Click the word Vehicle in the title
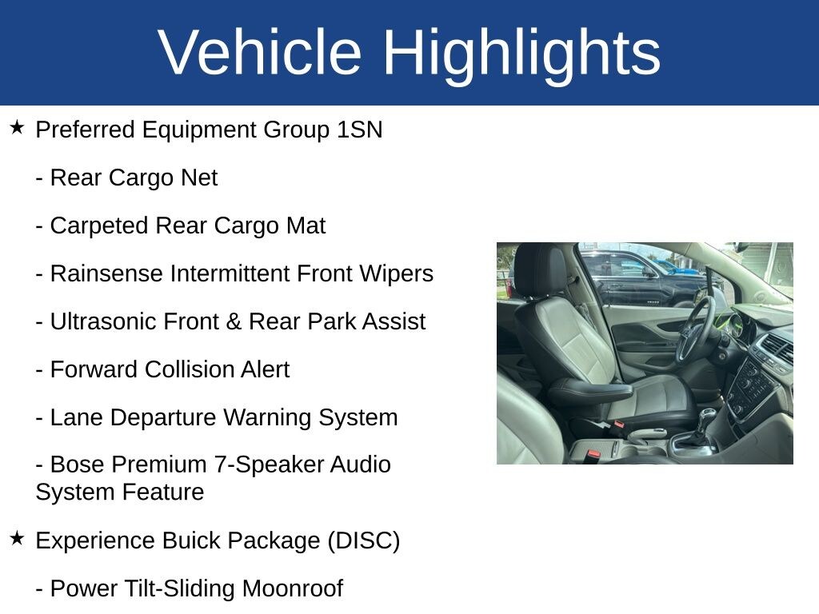[x=260, y=52]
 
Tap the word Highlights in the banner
[x=521, y=56]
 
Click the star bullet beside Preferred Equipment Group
[x=17, y=127]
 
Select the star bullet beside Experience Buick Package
[x=17, y=538]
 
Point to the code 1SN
[x=359, y=130]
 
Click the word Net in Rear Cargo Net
[x=199, y=177]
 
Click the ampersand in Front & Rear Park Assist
[x=234, y=321]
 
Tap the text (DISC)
[x=364, y=541]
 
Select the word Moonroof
[x=293, y=588]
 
